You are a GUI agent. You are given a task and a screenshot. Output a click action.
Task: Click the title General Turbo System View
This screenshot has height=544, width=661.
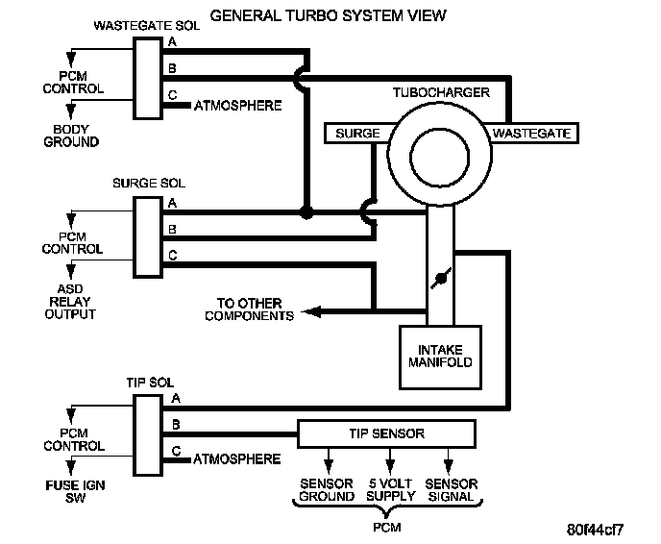(x=328, y=15)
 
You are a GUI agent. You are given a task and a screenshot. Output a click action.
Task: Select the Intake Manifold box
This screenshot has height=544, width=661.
(x=440, y=358)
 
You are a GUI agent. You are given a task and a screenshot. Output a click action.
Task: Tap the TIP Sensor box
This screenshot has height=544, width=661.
(x=386, y=433)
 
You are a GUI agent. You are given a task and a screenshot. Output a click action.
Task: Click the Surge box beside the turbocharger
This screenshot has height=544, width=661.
(x=357, y=134)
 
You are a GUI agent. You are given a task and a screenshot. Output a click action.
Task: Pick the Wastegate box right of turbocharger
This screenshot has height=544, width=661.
(x=531, y=134)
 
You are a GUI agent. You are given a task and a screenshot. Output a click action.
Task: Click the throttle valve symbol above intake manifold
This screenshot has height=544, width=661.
(x=441, y=279)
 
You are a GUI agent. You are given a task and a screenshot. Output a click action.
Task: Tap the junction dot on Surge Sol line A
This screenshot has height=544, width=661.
(x=306, y=212)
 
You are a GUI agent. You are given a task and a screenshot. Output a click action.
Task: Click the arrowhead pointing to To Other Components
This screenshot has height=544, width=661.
(x=311, y=312)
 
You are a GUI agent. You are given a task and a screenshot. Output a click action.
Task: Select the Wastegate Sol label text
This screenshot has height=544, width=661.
(x=147, y=26)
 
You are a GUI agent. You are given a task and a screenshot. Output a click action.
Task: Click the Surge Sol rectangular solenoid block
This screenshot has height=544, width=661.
(x=148, y=237)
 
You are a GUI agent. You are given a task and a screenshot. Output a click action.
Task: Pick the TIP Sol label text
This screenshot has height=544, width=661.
(x=150, y=383)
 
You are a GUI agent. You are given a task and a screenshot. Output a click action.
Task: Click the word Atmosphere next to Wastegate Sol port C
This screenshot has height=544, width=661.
(x=237, y=106)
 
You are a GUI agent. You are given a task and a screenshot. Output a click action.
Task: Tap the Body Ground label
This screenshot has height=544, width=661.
(x=71, y=136)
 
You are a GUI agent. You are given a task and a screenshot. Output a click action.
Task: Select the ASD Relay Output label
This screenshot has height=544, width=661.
(x=70, y=302)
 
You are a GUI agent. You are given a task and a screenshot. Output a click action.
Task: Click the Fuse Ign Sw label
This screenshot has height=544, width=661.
(x=75, y=491)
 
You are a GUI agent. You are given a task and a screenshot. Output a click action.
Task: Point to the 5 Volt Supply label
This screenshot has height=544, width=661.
(x=390, y=489)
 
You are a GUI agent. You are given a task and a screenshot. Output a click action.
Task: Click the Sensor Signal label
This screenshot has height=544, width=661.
(x=451, y=489)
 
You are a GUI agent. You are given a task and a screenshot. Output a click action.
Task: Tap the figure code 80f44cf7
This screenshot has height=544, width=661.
(x=595, y=530)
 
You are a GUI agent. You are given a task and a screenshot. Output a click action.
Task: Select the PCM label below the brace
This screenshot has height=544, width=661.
(x=386, y=527)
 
